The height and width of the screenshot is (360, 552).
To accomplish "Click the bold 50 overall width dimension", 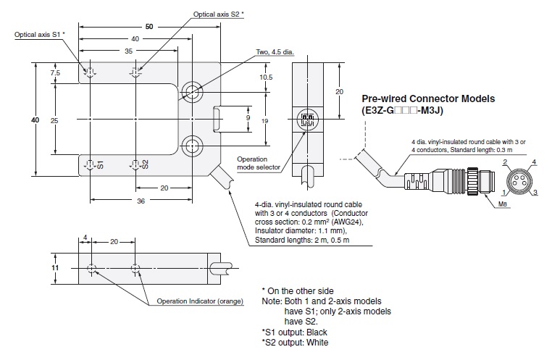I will click(x=149, y=26).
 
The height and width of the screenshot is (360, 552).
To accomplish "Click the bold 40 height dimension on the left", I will click(x=34, y=120).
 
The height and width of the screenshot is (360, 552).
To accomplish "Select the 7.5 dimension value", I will click(x=55, y=73).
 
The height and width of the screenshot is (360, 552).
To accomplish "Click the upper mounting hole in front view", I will click(x=192, y=91).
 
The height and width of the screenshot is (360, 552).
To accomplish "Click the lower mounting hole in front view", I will click(x=192, y=147).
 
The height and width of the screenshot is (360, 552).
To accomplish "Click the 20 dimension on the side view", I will click(x=339, y=92).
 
